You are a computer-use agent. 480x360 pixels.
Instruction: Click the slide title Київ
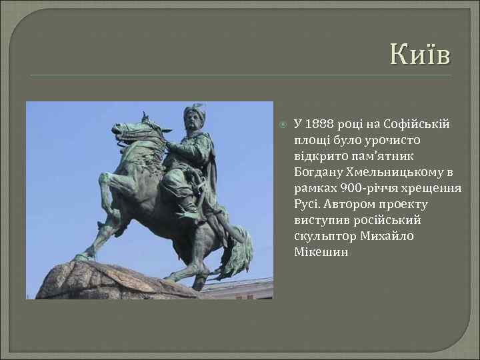[420, 53]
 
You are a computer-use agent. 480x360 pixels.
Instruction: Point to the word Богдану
[318, 172]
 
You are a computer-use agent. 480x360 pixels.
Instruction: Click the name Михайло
[388, 236]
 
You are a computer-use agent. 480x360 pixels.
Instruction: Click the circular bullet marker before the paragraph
[283, 125]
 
